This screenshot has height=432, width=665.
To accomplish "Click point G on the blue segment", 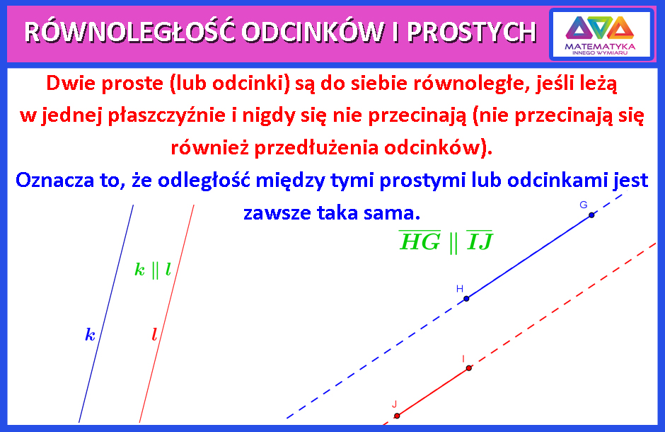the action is coord(591,215).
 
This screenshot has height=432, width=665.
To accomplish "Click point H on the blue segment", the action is coord(466,299).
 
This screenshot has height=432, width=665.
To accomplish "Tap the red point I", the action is coord(468,368).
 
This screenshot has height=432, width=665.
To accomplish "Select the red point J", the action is coord(397,416).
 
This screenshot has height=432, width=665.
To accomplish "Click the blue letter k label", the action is coord(91,335).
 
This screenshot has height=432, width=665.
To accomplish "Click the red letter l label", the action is coord(154,334).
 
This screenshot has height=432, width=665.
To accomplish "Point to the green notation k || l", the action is coord(153,270).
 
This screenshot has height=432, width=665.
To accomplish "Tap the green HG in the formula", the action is coord(420,241).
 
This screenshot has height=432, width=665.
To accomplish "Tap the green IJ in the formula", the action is coord(480,241).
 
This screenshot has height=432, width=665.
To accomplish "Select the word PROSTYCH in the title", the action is coord(472,33).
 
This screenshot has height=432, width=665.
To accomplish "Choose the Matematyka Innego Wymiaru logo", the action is coord(601,35).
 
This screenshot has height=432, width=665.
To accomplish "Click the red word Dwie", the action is coord(71,83).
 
